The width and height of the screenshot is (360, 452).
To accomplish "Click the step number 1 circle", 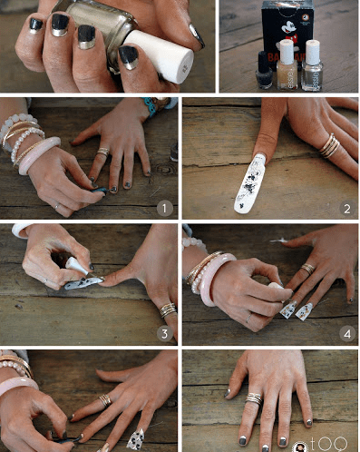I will point(164,209).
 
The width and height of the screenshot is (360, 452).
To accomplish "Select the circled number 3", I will point(165,333).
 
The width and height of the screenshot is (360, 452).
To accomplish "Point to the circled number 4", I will point(345,333).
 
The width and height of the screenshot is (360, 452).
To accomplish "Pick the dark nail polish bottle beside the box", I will point(264,70).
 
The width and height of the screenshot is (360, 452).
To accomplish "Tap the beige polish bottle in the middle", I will point(287,64).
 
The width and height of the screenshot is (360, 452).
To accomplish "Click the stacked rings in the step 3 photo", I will point(167,310).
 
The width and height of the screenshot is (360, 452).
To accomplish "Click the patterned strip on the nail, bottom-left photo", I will point(135,438).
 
